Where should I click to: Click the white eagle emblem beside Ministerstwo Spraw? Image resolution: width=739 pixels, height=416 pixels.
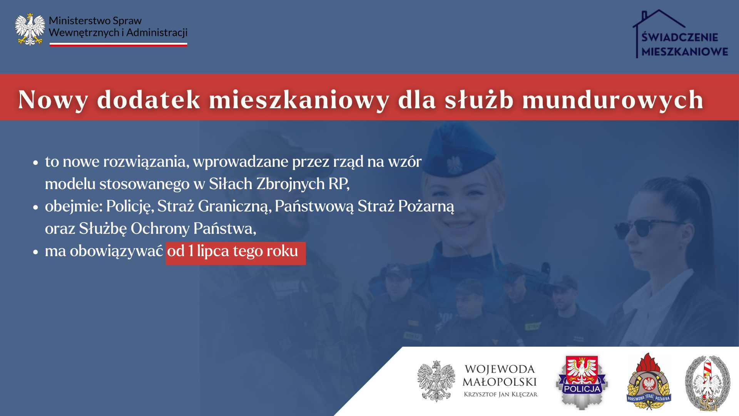pyautogui.click(x=30, y=29)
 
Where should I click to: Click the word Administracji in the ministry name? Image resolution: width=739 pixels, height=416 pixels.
pyautogui.click(x=157, y=33)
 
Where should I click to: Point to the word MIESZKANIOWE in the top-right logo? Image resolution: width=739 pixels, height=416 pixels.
pyautogui.click(x=685, y=52)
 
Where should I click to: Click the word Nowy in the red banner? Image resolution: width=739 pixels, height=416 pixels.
pyautogui.click(x=53, y=100)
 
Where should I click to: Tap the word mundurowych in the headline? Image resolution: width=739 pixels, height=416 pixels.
pyautogui.click(x=613, y=100)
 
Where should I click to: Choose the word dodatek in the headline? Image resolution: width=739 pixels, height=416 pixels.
pyautogui.click(x=149, y=99)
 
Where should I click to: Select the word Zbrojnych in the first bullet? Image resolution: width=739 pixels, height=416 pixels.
pyautogui.click(x=291, y=184)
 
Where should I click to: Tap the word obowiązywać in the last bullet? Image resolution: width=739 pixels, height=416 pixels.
pyautogui.click(x=116, y=251)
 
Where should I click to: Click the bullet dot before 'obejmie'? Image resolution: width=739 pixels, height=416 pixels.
pyautogui.click(x=36, y=207)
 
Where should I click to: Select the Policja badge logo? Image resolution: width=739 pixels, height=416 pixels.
pyautogui.click(x=582, y=382)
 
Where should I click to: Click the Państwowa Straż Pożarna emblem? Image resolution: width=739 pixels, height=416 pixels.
pyautogui.click(x=649, y=381)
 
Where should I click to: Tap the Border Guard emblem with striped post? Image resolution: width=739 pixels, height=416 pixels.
pyautogui.click(x=707, y=383)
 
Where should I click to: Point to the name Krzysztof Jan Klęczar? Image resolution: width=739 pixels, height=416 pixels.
pyautogui.click(x=500, y=394)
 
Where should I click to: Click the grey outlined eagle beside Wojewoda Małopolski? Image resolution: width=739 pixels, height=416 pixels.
pyautogui.click(x=436, y=381)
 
